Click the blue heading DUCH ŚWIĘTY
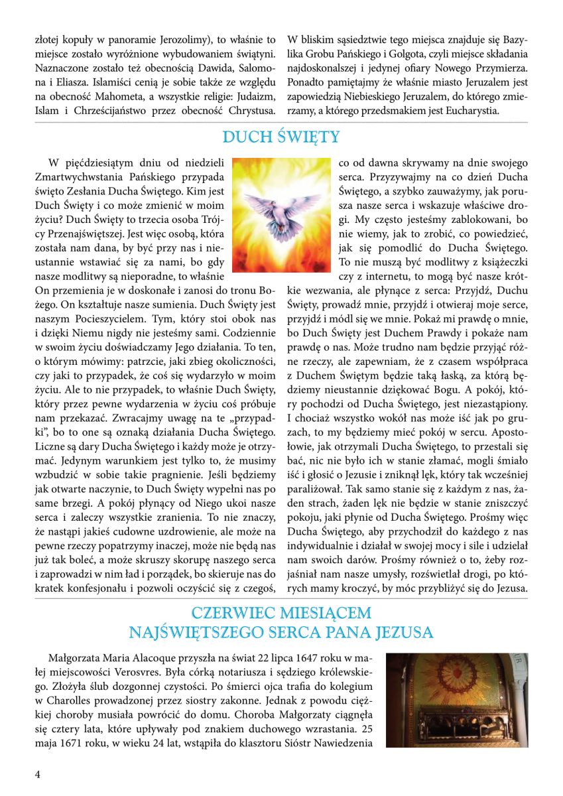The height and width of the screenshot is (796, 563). click(281, 137)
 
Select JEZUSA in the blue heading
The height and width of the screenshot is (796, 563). click(402, 632)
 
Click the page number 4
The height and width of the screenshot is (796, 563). click(37, 774)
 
